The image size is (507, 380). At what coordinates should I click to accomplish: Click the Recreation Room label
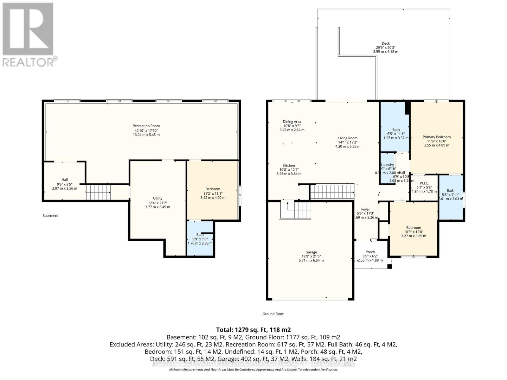tap(146, 126)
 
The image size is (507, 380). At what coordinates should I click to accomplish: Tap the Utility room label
tap(157, 198)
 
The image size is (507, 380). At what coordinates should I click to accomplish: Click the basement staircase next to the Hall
tap(98, 192)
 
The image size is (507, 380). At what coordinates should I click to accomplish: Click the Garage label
tap(311, 252)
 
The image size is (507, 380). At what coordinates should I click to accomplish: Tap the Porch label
tap(370, 252)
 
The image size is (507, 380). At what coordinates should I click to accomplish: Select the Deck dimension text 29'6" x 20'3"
tap(386, 47)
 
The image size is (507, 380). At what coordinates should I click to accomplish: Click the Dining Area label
tap(292, 122)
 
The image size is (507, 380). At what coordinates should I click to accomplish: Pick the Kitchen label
tap(289, 166)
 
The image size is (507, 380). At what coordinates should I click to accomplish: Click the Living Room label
tap(348, 138)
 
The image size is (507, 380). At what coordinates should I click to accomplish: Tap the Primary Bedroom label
tap(436, 137)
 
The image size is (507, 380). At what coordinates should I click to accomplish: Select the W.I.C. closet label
tap(424, 183)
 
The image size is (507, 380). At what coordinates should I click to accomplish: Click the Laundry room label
tap(387, 165)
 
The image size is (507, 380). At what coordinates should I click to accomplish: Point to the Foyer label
tap(365, 209)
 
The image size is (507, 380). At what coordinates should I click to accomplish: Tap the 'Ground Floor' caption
tap(273, 314)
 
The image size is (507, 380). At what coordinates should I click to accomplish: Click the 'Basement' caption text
tap(50, 216)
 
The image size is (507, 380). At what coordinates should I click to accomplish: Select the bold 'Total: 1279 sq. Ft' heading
tap(253, 330)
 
